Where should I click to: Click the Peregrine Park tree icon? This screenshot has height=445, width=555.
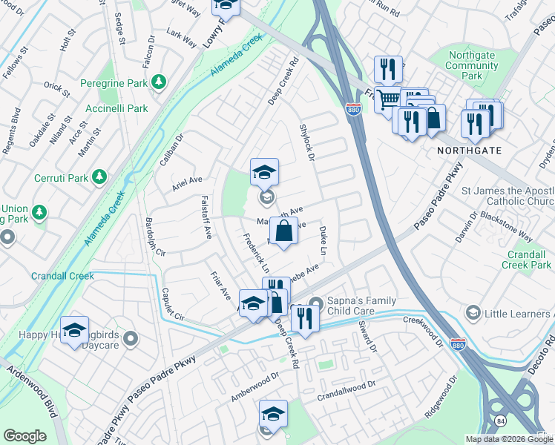tap(158, 81)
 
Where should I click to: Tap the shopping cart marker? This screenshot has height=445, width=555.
tap(387, 99)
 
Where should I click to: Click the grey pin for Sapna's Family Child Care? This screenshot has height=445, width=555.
tap(316, 303)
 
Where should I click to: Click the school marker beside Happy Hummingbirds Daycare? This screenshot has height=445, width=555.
tap(74, 331)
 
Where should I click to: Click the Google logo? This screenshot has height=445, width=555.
tap(24, 436)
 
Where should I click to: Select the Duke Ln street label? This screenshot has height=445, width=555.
tap(323, 238)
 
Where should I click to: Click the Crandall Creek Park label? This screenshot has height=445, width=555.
tap(527, 260)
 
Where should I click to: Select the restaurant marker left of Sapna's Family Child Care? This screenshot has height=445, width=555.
tap(305, 317)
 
